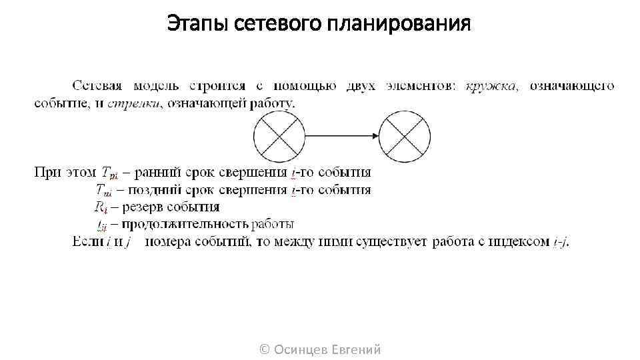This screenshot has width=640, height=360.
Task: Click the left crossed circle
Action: click(x=279, y=137)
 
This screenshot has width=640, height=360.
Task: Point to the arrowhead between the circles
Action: click(x=373, y=137)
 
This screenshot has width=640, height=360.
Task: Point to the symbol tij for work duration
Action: click(x=102, y=224)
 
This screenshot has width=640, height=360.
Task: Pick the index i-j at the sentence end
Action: click(x=560, y=241)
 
